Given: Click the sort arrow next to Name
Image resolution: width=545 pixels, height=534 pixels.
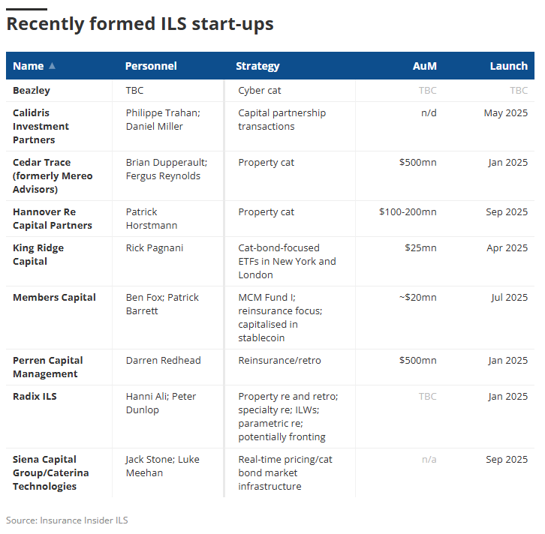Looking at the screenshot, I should (x=52, y=66).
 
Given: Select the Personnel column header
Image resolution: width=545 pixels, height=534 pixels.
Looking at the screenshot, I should (x=151, y=66).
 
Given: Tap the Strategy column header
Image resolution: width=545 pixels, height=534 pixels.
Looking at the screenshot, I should (x=257, y=66).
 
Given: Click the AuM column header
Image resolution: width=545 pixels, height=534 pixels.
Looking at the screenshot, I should (x=424, y=66).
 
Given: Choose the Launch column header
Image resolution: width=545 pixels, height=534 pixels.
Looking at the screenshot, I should (x=508, y=66).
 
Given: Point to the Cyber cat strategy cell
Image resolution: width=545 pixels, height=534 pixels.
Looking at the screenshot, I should (x=260, y=90).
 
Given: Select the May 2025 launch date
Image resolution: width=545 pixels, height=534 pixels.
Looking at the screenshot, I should (x=505, y=113).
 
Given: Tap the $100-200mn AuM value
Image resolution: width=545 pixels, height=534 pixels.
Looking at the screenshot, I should (x=408, y=212).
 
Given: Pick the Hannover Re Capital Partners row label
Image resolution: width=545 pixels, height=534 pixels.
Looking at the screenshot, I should (x=53, y=218).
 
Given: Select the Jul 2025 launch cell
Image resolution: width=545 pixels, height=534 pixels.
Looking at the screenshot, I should (x=510, y=298).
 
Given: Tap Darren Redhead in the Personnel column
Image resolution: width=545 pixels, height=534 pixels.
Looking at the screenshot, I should (x=163, y=361).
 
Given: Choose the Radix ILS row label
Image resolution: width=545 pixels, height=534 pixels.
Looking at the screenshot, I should (x=35, y=397).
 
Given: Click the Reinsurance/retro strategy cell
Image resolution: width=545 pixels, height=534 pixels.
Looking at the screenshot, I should (x=279, y=361).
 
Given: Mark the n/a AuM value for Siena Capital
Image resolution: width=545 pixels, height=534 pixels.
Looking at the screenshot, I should (x=429, y=460).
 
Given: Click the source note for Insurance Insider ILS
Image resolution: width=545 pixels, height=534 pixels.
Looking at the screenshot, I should (x=62, y=520).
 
